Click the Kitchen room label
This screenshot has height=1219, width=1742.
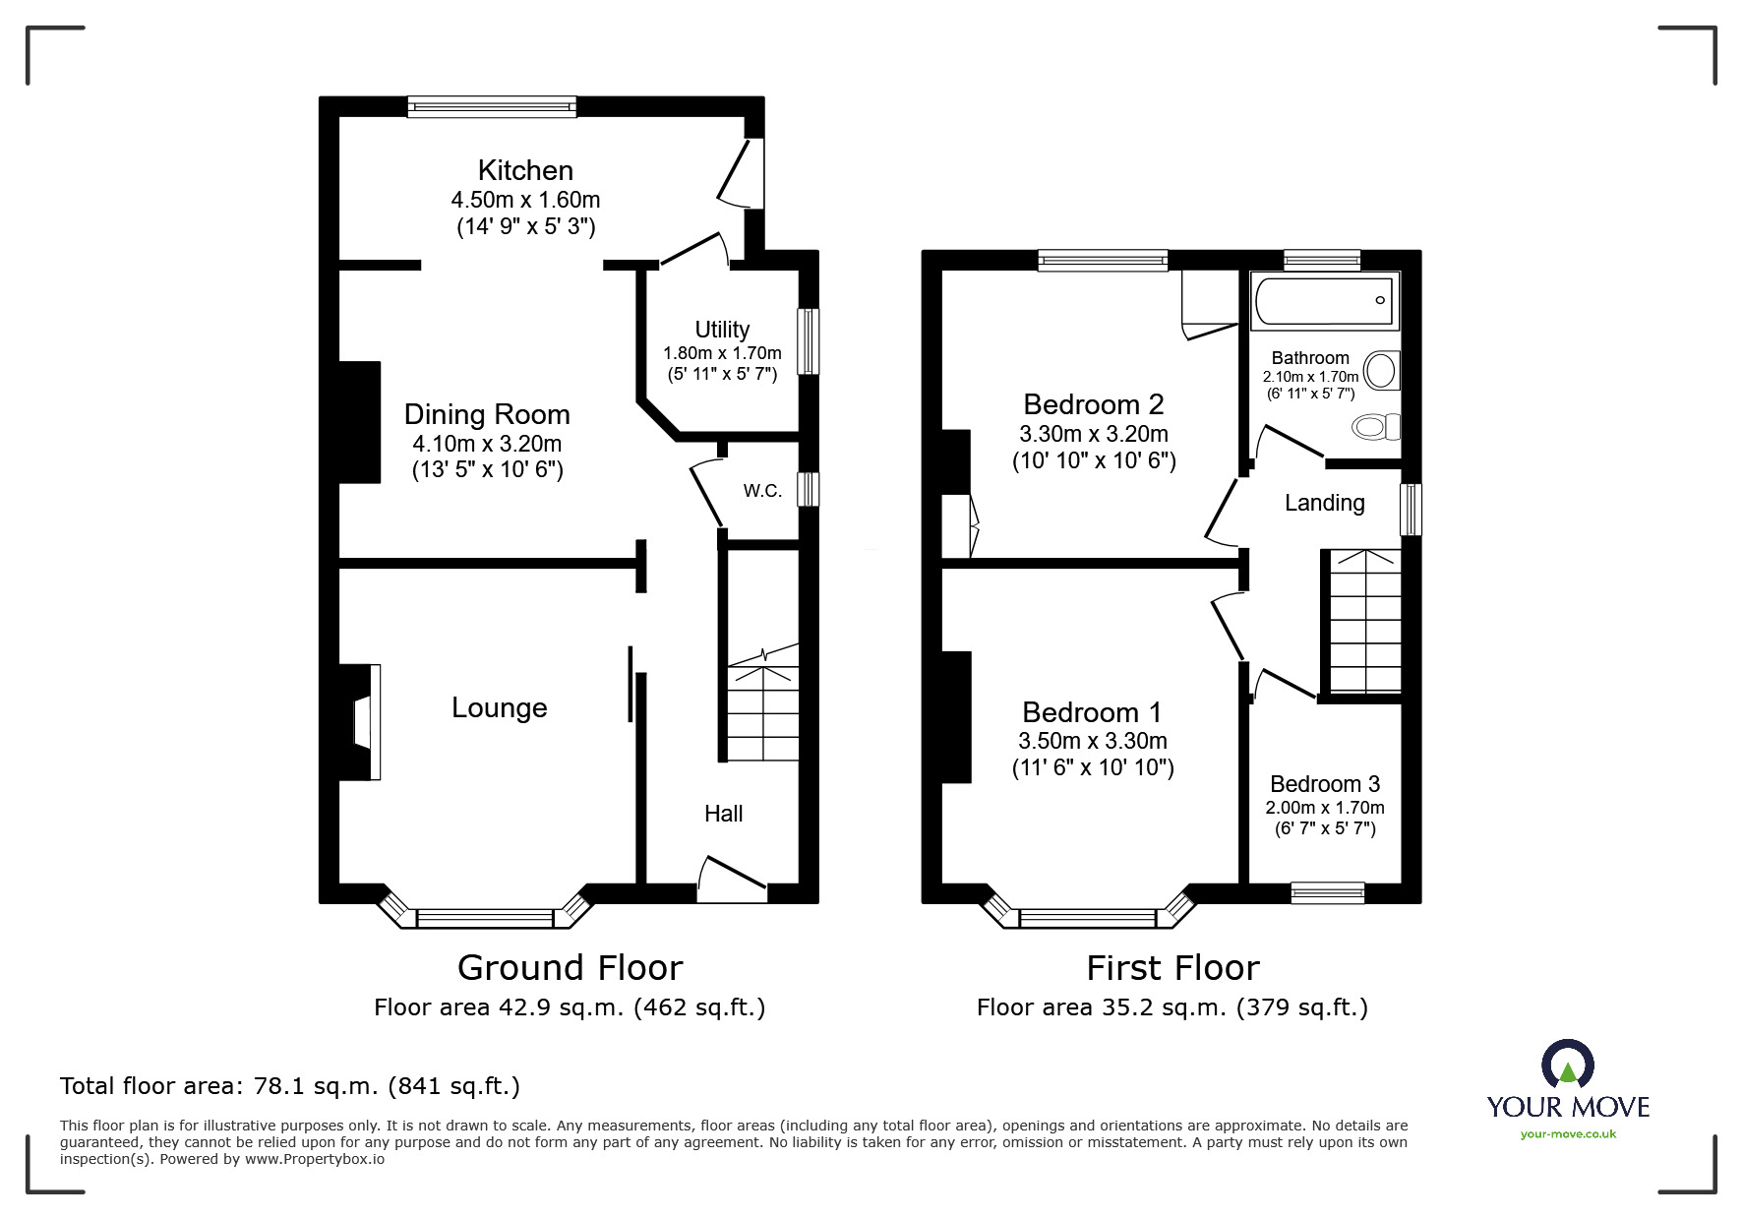click(525, 170)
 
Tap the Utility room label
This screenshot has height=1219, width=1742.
click(722, 330)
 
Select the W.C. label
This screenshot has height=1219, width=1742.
click(762, 491)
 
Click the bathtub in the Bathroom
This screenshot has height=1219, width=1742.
click(1324, 300)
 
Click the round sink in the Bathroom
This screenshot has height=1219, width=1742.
click(1382, 372)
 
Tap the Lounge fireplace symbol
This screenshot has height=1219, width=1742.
click(362, 723)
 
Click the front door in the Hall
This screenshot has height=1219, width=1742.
click(732, 879)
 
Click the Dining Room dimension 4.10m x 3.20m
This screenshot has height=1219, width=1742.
click(487, 444)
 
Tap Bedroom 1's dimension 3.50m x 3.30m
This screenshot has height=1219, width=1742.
click(1093, 741)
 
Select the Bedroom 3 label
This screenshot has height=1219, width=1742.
click(1324, 784)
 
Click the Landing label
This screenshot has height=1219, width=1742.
click(1324, 503)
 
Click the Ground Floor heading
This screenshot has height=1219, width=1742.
click(570, 968)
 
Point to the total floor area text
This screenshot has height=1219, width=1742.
click(290, 1086)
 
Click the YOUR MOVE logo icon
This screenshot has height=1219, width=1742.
click(1567, 1066)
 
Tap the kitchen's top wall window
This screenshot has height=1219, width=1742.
click(492, 106)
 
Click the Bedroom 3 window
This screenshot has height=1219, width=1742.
click(1327, 892)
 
